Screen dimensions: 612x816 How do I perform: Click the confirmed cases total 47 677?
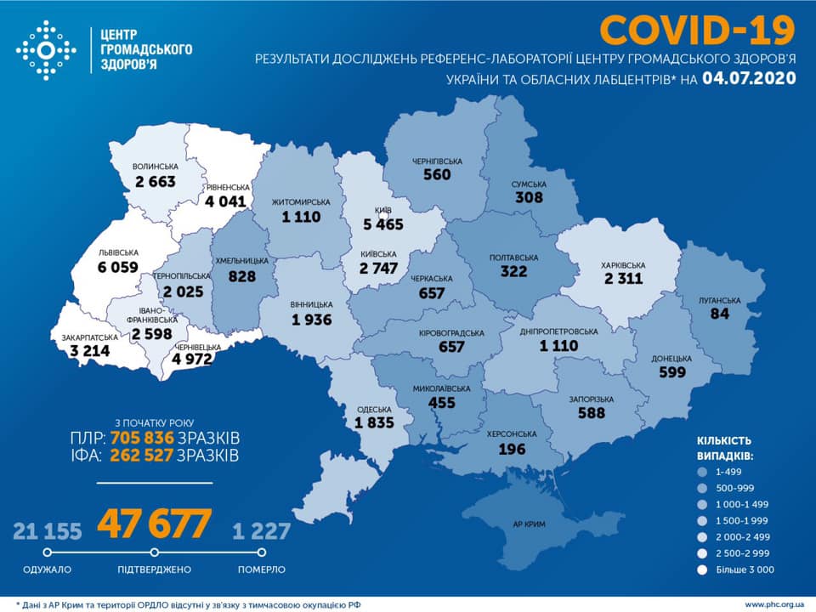point(153,524)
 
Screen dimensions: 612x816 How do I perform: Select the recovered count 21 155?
point(48,532)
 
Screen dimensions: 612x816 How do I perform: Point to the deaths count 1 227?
point(262,532)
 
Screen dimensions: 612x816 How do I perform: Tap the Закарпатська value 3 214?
point(86,350)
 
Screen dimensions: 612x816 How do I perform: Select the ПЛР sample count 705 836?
point(142,438)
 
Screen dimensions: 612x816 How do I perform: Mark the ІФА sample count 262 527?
point(142,456)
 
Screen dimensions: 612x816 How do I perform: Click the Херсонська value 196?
point(512,449)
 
